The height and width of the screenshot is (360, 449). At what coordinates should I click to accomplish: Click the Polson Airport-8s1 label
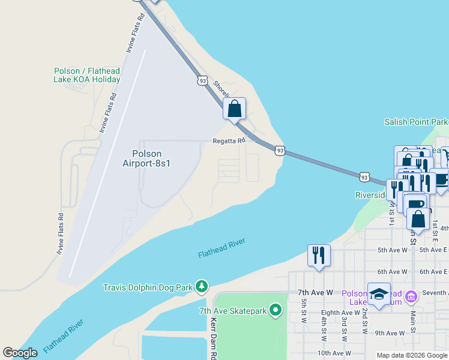[147, 158]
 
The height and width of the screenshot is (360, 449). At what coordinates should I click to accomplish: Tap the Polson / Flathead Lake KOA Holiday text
[87, 75]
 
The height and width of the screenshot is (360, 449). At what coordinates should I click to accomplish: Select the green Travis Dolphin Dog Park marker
[203, 287]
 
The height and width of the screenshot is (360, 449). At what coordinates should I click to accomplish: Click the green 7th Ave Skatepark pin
[276, 310]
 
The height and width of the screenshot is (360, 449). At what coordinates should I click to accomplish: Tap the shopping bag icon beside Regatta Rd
[235, 109]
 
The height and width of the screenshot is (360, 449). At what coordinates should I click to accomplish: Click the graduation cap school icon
[379, 294]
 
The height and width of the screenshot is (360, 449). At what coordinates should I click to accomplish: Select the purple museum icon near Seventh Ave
[411, 296]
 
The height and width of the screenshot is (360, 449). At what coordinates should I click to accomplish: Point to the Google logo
[20, 353]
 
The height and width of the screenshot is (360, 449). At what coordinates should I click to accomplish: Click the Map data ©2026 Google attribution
[412, 355]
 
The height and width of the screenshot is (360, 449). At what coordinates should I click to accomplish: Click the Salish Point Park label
[416, 122]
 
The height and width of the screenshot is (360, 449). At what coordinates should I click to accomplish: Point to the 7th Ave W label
[315, 293]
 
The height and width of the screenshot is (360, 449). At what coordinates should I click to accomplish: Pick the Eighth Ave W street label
[339, 313]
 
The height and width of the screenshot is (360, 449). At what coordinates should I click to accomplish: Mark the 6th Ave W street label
[393, 272]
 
